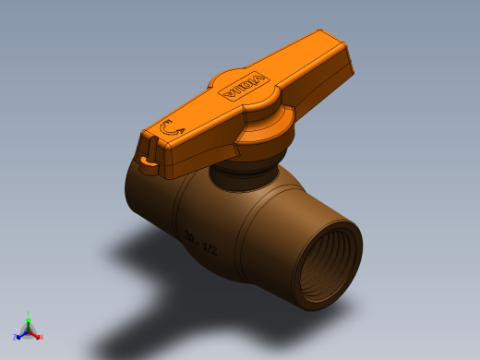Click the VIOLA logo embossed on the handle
pyautogui.click(x=239, y=87)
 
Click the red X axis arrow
pyautogui.click(x=36, y=334)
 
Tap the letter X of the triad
pyautogui.click(x=41, y=337)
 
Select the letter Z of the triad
pyautogui.click(x=16, y=337)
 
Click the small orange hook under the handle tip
pyautogui.click(x=148, y=162)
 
